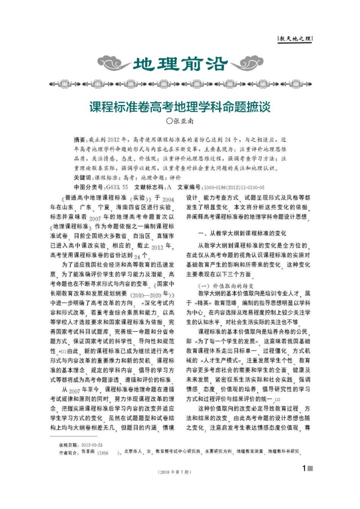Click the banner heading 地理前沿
pyautogui.click(x=180, y=64)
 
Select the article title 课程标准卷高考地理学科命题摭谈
pyautogui.click(x=180, y=106)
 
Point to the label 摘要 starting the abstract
pyautogui.click(x=80, y=139)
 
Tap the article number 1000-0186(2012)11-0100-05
pyautogui.click(x=234, y=188)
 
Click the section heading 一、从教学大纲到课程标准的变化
pyautogui.click(x=242, y=233)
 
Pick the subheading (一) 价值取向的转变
pyautogui.click(x=226, y=286)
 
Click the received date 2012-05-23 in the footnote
pyautogui.click(x=92, y=445)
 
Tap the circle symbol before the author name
pyautogui.click(x=169, y=122)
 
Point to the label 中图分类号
pyautogui.click(x=89, y=187)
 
